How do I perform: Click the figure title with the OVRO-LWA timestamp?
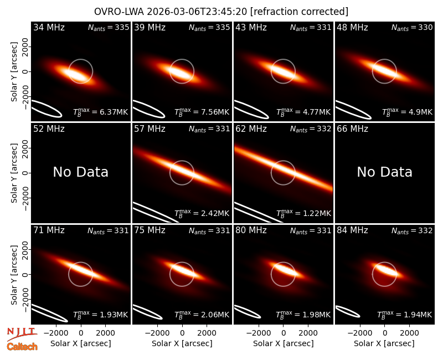click(221, 12)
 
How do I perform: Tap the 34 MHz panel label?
click(49, 27)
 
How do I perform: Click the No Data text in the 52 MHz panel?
click(81, 172)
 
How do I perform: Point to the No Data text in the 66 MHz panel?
click(384, 172)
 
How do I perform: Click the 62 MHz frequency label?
click(251, 129)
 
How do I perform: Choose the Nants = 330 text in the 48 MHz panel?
click(412, 27)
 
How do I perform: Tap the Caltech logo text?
click(22, 347)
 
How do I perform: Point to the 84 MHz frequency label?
click(352, 230)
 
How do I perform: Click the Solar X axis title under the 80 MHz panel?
click(284, 343)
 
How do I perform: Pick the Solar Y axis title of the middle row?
click(14, 173)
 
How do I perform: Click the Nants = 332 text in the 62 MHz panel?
click(311, 129)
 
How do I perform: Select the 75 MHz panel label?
click(150, 230)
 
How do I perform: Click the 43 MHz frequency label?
click(251, 27)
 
